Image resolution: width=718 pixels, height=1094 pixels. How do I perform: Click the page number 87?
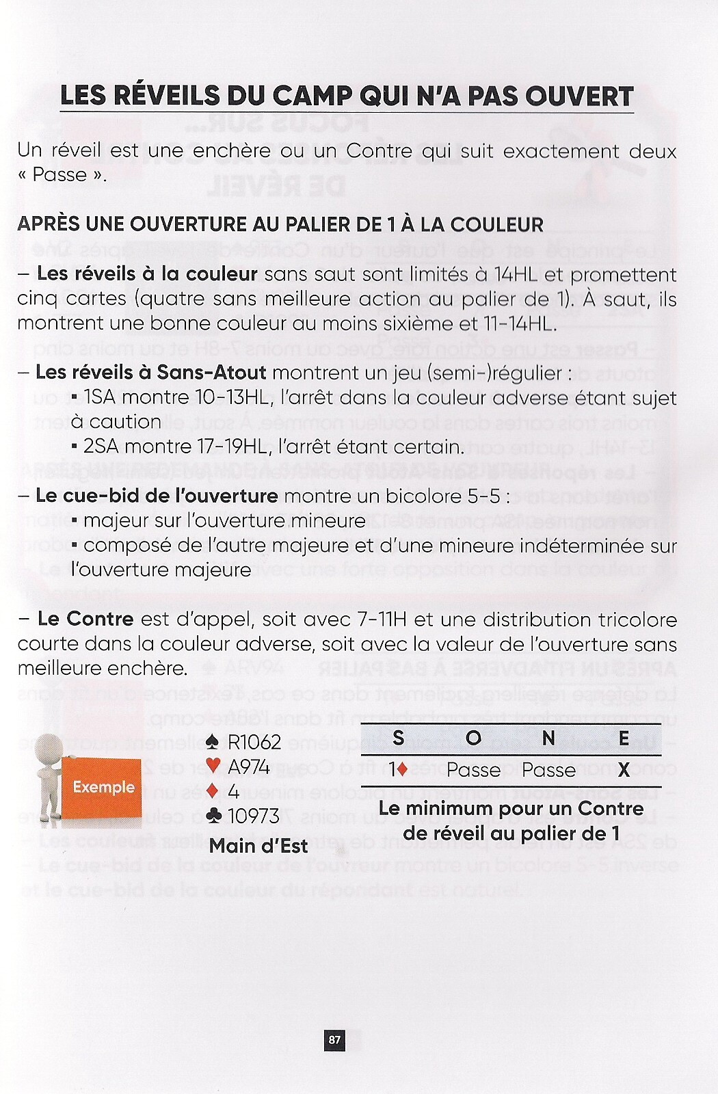(x=334, y=1040)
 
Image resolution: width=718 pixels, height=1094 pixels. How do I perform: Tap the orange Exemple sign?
(x=103, y=787)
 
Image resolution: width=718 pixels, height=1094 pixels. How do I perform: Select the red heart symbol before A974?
(x=213, y=766)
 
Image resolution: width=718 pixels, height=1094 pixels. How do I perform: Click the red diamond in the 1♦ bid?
(x=402, y=769)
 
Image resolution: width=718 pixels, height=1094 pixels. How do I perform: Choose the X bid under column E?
(x=623, y=770)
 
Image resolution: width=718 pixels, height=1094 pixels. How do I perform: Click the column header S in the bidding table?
(x=398, y=738)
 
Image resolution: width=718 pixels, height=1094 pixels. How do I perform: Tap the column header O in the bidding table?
(x=473, y=738)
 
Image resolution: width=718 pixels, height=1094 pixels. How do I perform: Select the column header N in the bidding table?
(x=548, y=738)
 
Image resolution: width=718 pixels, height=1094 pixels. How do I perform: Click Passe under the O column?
(x=473, y=770)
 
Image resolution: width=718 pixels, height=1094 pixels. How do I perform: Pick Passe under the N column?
(x=548, y=770)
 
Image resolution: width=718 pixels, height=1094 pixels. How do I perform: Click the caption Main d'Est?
(x=258, y=846)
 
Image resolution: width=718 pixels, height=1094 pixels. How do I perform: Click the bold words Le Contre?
(x=85, y=619)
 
